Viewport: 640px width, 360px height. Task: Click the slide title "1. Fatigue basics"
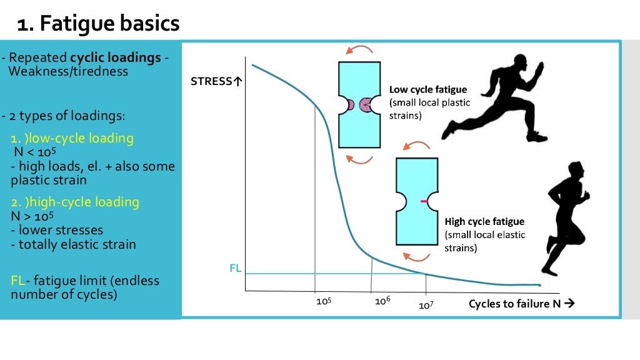point(98,24)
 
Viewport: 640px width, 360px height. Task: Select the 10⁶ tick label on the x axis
point(382,301)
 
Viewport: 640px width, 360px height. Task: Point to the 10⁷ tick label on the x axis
point(426,306)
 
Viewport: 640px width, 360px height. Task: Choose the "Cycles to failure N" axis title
point(521,304)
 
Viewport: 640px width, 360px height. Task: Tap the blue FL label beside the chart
point(236,269)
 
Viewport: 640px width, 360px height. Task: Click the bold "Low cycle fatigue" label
point(428,89)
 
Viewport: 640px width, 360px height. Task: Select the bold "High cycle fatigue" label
point(484,222)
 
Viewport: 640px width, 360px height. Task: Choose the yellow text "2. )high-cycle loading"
point(75,202)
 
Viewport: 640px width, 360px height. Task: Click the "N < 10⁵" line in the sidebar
point(34,152)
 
